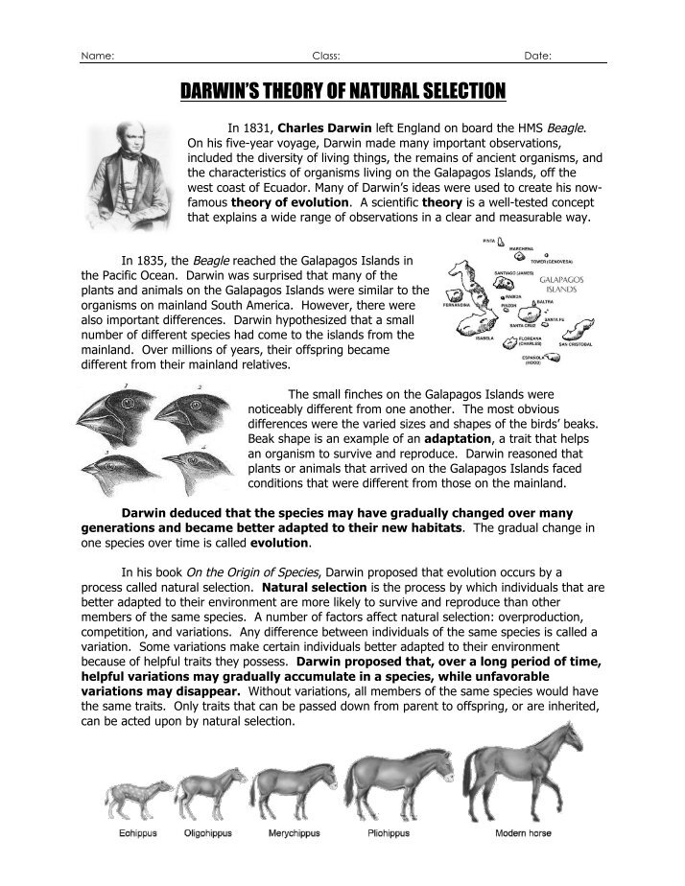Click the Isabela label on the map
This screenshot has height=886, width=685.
pos(484,338)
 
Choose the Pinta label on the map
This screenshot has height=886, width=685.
pos(489,242)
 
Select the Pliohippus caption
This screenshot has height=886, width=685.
pos(388,834)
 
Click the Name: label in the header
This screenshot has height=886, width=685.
pos(99,56)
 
